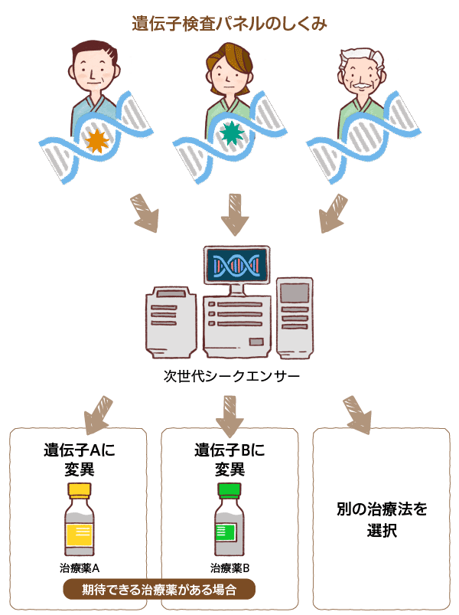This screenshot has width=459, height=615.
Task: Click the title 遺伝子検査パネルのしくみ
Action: pos(229,24)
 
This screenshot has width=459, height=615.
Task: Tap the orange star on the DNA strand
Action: pos(96,141)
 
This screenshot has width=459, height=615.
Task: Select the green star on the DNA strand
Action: pos(230,133)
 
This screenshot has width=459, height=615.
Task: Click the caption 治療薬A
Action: pos(80,568)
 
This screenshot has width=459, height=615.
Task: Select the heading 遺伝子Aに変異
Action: pos(79,459)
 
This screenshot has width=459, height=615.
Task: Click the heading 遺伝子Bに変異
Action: pos(229,459)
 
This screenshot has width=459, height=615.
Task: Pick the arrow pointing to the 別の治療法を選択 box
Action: pos(357,414)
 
